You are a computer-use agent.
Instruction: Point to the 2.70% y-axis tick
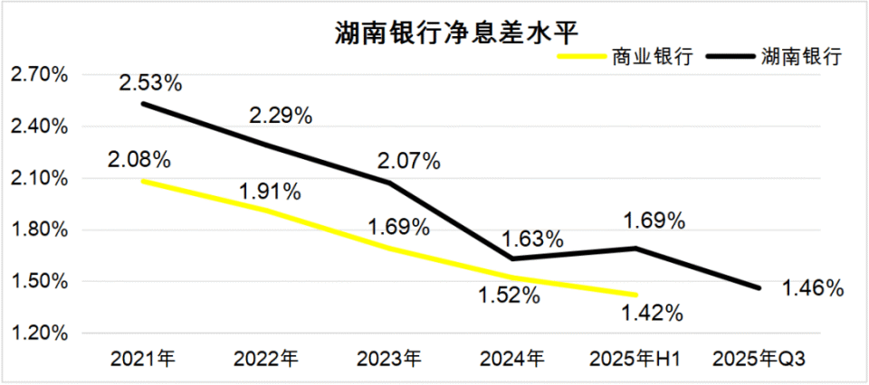click(x=38, y=75)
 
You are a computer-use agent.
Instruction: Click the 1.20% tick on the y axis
click(x=38, y=333)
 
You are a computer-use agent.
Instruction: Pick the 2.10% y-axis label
click(x=38, y=178)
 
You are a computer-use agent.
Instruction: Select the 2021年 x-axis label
click(x=143, y=359)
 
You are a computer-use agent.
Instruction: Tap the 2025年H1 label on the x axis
click(x=635, y=359)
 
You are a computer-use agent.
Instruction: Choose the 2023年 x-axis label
click(x=389, y=359)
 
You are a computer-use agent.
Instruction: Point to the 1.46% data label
click(x=813, y=289)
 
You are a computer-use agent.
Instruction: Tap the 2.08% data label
click(x=138, y=161)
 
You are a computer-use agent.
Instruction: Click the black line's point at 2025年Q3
click(x=759, y=288)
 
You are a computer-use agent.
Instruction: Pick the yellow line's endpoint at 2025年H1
click(x=635, y=295)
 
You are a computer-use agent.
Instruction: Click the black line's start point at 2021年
click(x=143, y=104)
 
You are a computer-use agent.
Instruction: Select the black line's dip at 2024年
click(x=512, y=258)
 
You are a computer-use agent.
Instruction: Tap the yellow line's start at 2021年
click(x=143, y=181)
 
